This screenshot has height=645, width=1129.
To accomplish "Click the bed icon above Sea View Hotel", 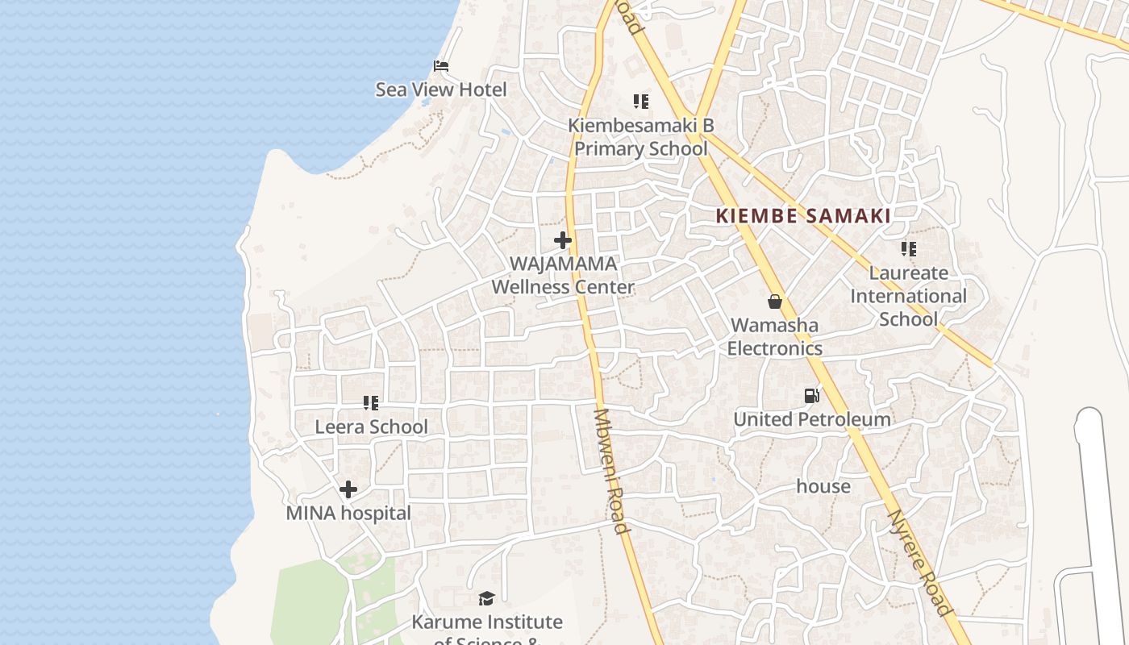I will (x=440, y=66).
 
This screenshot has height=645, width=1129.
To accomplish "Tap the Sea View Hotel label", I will (x=441, y=89).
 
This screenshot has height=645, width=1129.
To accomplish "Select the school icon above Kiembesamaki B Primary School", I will (x=640, y=102).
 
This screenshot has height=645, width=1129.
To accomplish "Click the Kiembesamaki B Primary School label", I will (x=640, y=137).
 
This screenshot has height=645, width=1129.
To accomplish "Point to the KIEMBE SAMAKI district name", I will (x=803, y=216).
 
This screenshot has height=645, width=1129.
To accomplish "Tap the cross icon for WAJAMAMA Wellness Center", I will (x=563, y=240).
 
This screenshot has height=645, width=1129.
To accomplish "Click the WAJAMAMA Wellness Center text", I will (x=563, y=275).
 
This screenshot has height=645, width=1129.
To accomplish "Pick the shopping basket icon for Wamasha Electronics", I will (x=775, y=302).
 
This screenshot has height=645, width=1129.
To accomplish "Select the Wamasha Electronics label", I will (x=774, y=337).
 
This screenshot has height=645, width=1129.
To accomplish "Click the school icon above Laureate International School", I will (x=909, y=249).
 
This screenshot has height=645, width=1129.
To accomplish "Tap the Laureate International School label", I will (x=908, y=296).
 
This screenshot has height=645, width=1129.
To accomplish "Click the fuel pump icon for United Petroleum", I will (x=812, y=396).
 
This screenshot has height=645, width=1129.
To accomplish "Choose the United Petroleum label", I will (x=811, y=419).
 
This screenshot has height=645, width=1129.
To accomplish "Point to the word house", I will (x=823, y=486).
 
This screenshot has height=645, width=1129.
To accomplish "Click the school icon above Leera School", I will (x=371, y=402).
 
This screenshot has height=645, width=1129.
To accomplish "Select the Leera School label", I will (x=371, y=427).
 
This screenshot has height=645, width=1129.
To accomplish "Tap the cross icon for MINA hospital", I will (x=348, y=489).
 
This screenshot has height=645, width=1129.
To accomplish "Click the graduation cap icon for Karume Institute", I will (x=486, y=598).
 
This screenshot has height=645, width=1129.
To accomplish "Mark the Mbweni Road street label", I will (x=610, y=472).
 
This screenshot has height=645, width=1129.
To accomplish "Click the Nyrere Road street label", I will (x=919, y=563).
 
